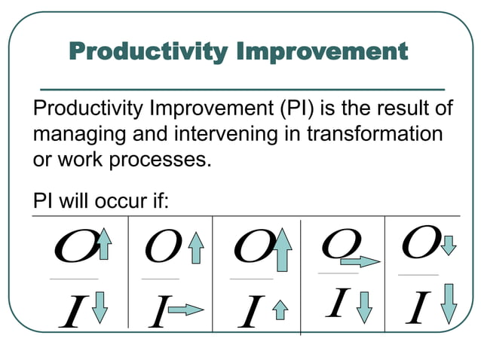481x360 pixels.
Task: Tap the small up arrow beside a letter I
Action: pos(280,309)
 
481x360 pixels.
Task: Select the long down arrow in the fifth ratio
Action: pos(449,303)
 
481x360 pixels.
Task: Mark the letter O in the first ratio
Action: pos(73,247)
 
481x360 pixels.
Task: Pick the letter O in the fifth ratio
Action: pos(421,241)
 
